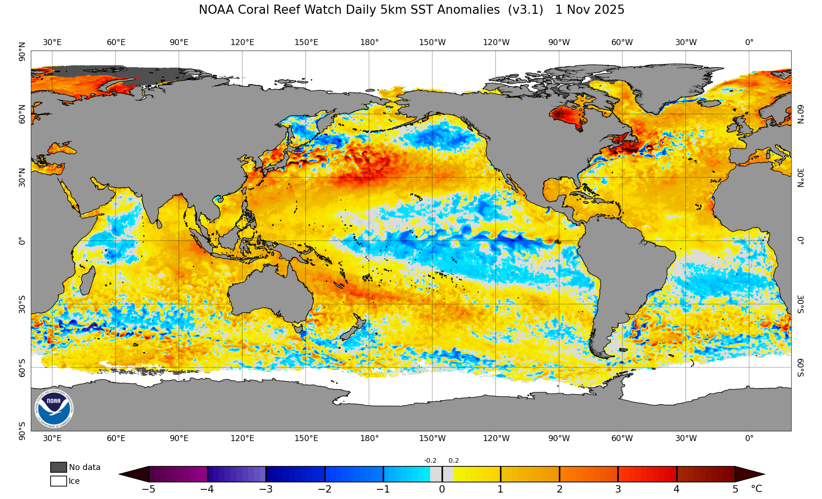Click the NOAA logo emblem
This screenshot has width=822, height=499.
(54, 408)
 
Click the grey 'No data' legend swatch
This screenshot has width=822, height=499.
(58, 467)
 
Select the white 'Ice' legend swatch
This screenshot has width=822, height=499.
(58, 481)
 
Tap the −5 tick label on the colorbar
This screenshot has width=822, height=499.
(148, 489)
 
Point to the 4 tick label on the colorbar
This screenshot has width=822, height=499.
(677, 489)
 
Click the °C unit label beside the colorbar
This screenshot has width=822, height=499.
(756, 489)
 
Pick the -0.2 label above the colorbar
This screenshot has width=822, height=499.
(430, 460)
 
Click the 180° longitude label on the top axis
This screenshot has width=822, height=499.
(369, 42)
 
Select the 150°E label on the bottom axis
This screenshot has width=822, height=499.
(306, 438)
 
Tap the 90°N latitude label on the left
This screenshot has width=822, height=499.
(22, 52)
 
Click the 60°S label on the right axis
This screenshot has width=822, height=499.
(800, 368)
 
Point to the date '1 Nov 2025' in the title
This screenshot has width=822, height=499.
(590, 10)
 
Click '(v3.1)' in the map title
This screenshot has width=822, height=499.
(525, 10)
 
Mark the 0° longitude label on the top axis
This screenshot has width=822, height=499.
(749, 42)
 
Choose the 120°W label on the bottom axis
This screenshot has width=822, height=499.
(496, 438)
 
